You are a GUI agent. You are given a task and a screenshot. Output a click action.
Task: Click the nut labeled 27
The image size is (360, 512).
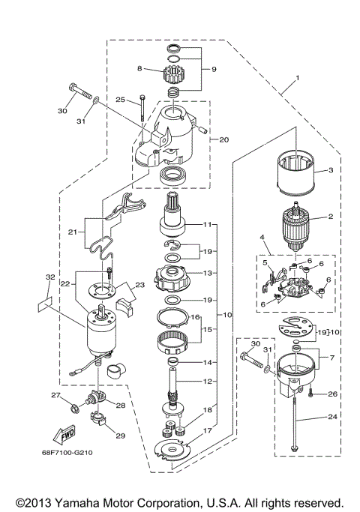[x=76, y=409]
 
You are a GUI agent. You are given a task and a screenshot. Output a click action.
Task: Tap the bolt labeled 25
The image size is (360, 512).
[x=142, y=111]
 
